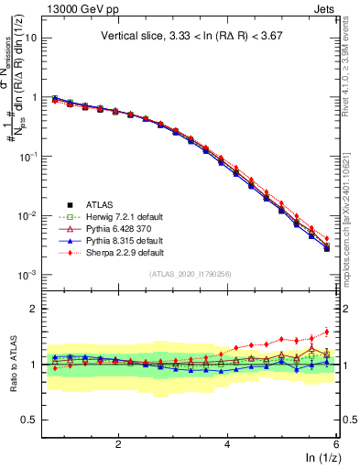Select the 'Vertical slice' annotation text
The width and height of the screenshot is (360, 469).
191,37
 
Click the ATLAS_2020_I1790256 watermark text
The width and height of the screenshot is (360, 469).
191,274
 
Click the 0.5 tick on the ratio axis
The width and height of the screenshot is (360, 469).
29,420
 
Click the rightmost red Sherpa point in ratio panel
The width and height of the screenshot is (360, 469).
327,333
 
